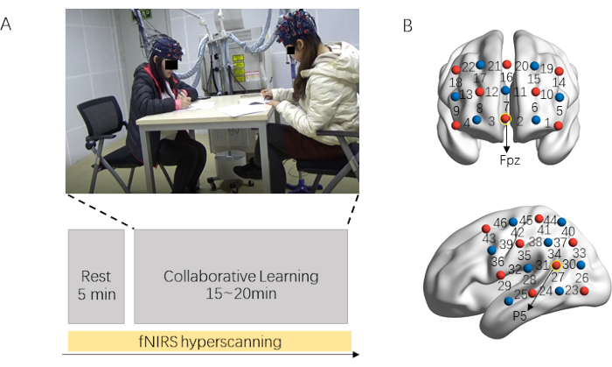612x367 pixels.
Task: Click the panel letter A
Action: coord(7,25)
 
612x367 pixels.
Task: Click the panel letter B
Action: coord(407,25)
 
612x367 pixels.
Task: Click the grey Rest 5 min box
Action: coord(94,275)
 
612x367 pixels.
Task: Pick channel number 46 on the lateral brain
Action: coord(500,224)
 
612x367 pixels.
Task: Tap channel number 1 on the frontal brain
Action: coord(549,124)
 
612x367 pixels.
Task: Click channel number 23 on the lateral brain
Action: coord(572,290)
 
